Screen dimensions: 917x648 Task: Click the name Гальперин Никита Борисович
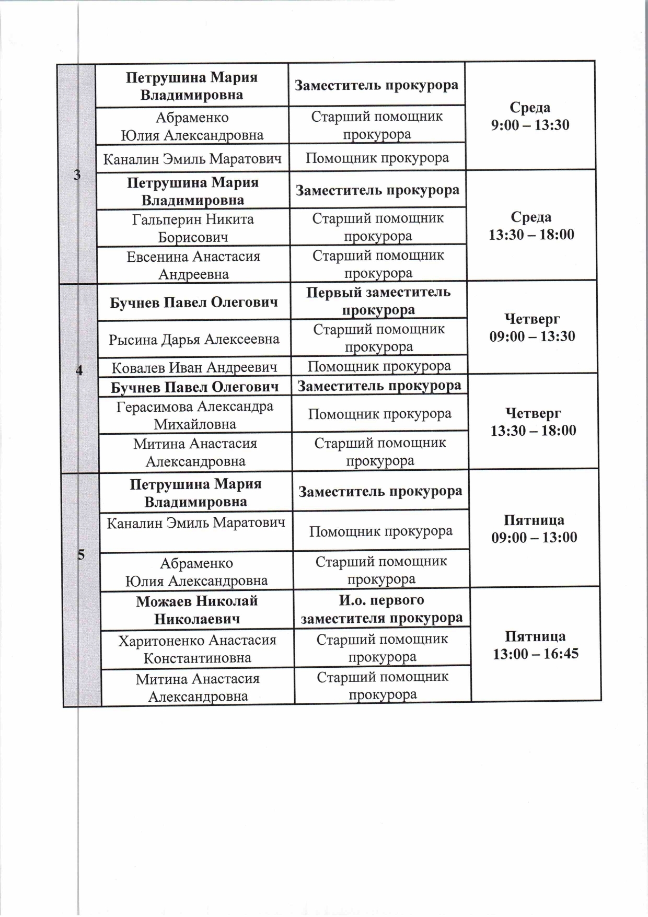pos(193,228)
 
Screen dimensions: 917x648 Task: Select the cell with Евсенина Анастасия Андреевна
pos(193,265)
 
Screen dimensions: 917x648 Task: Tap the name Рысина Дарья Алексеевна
pos(194,339)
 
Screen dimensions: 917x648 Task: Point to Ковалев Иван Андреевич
pos(194,367)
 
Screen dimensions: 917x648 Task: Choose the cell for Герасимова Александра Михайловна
pos(195,415)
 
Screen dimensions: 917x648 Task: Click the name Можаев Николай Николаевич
pos(197,610)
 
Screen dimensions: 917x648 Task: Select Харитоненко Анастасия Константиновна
pos(197,648)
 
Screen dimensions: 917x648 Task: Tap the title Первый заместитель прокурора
pos(378,300)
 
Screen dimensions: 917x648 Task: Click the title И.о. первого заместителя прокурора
pos(381,609)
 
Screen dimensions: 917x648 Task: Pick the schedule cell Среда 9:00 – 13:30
pos(530,116)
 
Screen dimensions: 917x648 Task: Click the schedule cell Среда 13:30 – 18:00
pos(531,225)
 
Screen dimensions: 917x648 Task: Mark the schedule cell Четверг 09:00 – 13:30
pos(532,327)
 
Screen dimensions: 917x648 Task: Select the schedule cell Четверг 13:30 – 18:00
pos(533,422)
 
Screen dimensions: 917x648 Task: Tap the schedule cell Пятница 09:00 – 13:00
pos(534,528)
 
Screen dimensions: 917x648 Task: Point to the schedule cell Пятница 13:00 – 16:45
pos(536,645)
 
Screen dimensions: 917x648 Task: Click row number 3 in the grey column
pos(77,175)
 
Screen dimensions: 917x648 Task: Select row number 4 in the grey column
pos(79,370)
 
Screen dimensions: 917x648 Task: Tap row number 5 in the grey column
pos(81,555)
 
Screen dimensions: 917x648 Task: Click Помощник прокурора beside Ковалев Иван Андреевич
pos(379,366)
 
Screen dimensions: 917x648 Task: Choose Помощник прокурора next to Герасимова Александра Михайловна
pos(380,414)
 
